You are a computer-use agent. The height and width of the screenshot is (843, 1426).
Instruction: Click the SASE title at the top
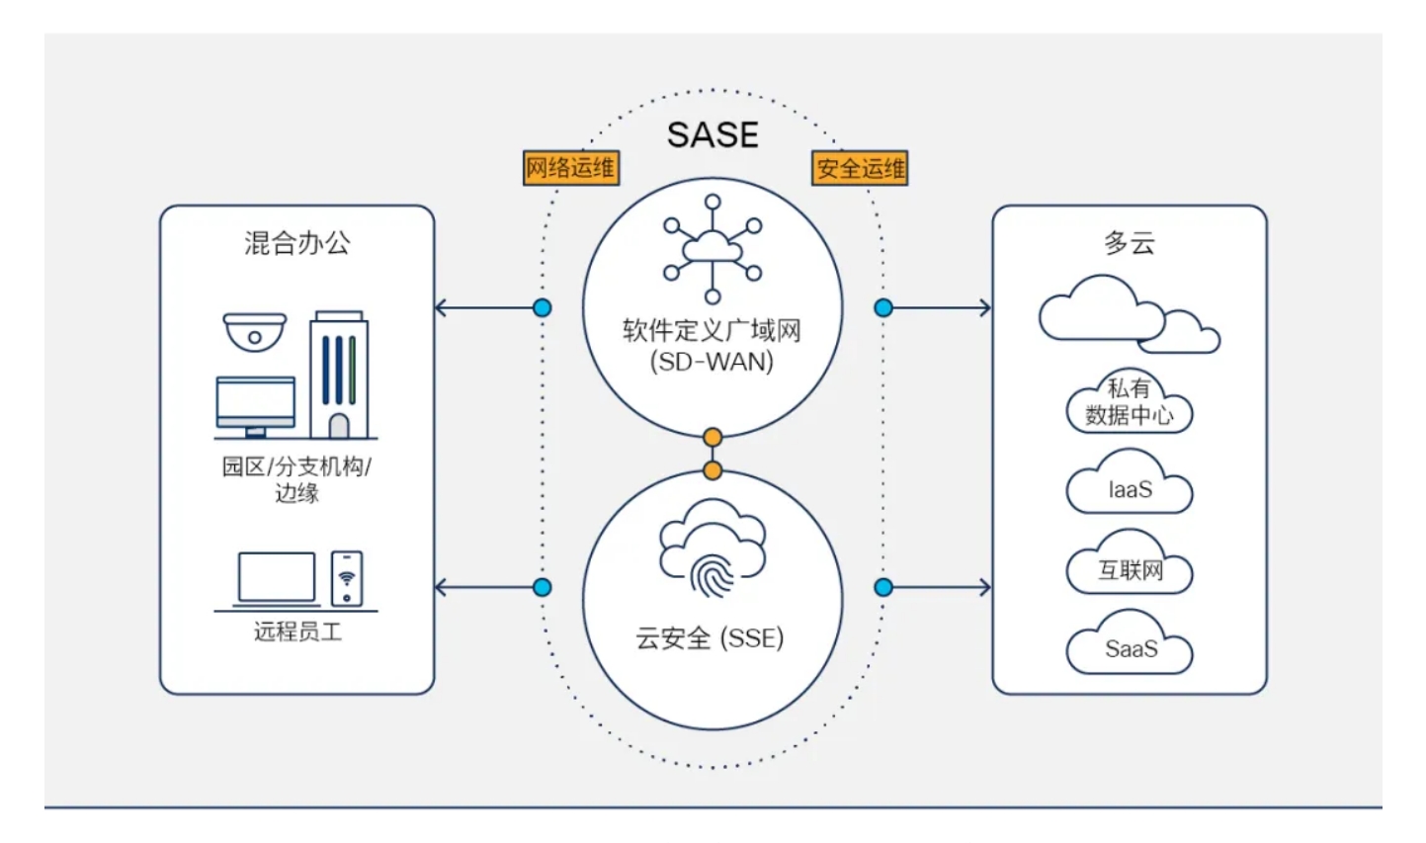coord(713,134)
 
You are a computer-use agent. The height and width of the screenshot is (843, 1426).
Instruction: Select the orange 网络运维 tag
coord(570,168)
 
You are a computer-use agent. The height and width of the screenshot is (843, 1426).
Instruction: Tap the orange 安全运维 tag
coord(860,168)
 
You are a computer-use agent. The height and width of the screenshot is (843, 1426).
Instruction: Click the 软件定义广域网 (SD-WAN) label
coord(712,345)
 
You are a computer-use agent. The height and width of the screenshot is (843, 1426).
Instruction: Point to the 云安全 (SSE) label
coord(710,638)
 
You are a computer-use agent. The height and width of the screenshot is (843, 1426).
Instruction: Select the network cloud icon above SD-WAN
coord(713,249)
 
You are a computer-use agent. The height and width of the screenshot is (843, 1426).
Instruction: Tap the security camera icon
coord(254,332)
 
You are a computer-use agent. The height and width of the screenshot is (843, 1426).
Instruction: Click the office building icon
coord(339,375)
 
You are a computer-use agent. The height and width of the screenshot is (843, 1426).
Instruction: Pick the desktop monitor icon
coord(255,406)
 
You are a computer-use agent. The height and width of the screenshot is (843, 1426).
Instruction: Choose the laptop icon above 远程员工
coord(276,579)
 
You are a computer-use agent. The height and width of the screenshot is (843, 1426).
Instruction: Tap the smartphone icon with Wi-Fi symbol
coord(346,578)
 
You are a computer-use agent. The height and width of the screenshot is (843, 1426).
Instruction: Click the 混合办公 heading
coord(296,243)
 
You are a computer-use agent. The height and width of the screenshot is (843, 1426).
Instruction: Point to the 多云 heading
coord(1129,243)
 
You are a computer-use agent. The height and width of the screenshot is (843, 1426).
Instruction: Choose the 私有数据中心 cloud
coord(1129,403)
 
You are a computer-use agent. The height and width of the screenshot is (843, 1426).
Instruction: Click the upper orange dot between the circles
coord(713,437)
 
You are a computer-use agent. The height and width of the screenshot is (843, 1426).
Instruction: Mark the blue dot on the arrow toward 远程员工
coord(542,587)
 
